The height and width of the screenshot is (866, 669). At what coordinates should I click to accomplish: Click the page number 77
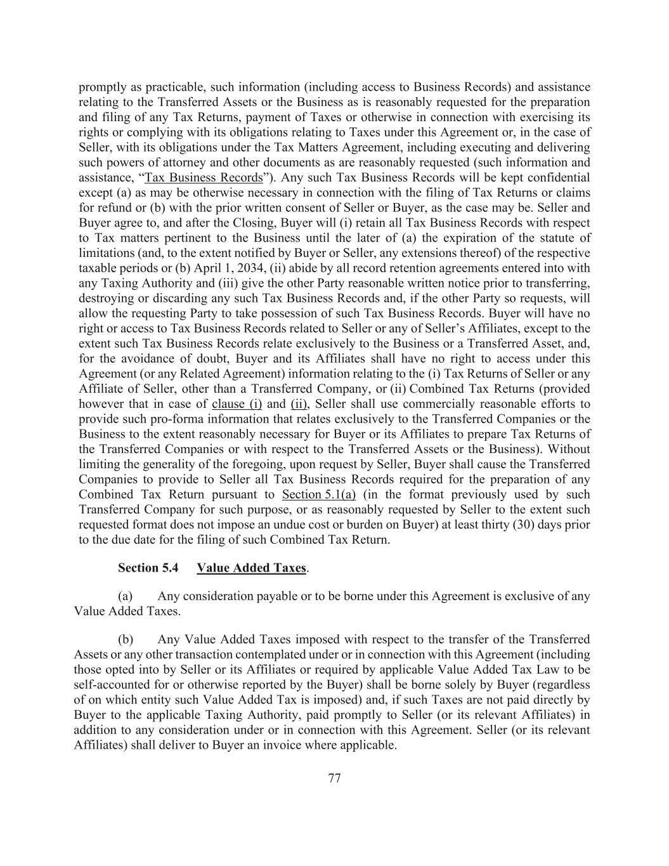click(335, 778)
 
